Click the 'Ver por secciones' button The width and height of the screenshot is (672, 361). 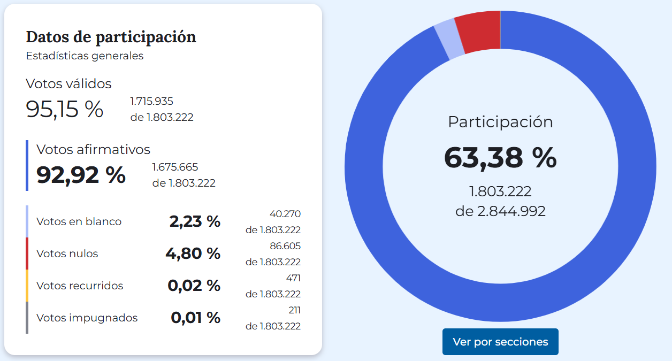pyautogui.click(x=500, y=342)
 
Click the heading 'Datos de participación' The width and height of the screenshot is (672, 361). pyautogui.click(x=111, y=37)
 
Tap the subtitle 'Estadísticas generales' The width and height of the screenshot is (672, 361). pyautogui.click(x=85, y=56)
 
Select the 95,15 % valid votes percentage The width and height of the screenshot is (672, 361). pyautogui.click(x=64, y=109)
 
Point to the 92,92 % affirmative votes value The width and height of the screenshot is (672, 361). pyautogui.click(x=81, y=175)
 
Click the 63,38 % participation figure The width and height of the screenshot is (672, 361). pyautogui.click(x=500, y=158)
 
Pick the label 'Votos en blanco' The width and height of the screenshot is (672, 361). pyautogui.click(x=79, y=221)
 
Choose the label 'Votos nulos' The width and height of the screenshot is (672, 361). pyautogui.click(x=67, y=254)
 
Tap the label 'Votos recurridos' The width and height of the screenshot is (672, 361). pyautogui.click(x=80, y=286)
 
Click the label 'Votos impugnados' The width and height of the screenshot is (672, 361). pyautogui.click(x=87, y=318)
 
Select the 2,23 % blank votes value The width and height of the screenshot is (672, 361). pyautogui.click(x=195, y=221)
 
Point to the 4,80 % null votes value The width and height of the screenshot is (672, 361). pyautogui.click(x=193, y=254)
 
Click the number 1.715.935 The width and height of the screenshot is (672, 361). pyautogui.click(x=152, y=101)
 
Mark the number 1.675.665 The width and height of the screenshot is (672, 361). pyautogui.click(x=175, y=167)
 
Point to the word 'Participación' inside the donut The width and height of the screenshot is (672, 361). pyautogui.click(x=500, y=122)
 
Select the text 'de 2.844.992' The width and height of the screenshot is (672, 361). pyautogui.click(x=500, y=211)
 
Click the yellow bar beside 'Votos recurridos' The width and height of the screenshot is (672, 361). pyautogui.click(x=27, y=286)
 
